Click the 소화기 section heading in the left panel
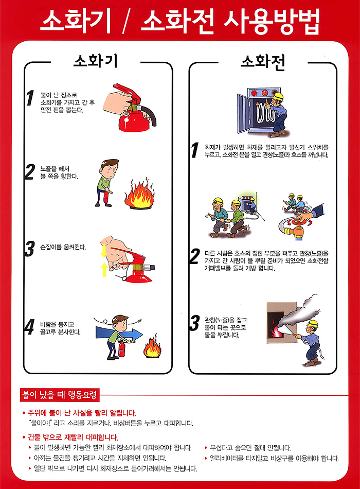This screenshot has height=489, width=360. click(x=96, y=61)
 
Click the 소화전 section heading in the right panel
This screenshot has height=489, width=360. click(x=263, y=62)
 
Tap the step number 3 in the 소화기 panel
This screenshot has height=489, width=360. click(x=29, y=249)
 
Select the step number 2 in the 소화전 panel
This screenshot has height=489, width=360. click(x=195, y=256)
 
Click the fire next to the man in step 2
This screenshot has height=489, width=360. click(x=140, y=194)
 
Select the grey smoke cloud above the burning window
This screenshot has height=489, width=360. click(x=299, y=311)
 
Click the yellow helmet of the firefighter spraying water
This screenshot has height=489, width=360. click(x=312, y=324)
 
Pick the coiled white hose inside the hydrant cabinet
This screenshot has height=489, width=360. click(x=265, y=113)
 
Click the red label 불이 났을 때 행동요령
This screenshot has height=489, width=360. click(x=59, y=395)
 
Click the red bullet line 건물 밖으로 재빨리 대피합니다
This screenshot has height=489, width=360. click(x=70, y=437)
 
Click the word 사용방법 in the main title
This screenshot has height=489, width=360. click(x=272, y=21)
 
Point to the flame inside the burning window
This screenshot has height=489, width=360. click(x=275, y=327)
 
